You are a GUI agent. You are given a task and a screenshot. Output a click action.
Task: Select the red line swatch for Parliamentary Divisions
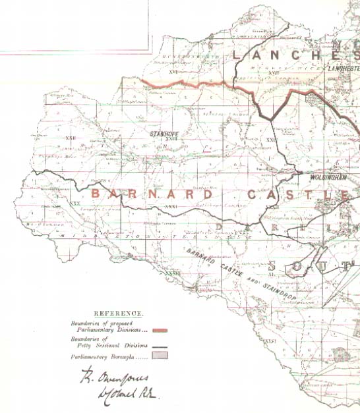(x=159, y=331)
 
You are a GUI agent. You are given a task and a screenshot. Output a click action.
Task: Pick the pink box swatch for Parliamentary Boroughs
(x=159, y=356)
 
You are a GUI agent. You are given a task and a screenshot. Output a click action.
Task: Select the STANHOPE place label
(x=165, y=134)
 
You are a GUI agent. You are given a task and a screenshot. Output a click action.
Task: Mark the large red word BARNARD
(x=152, y=194)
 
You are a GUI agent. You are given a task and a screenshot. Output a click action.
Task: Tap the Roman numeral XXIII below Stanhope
(x=171, y=139)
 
